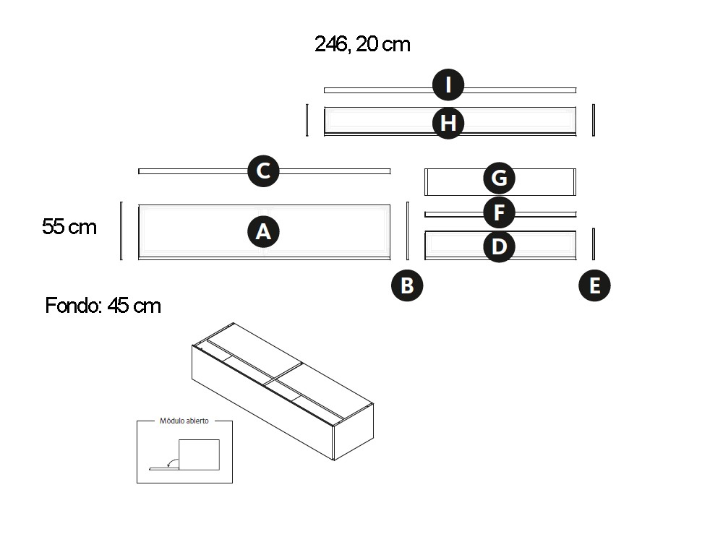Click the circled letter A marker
pos(263,231)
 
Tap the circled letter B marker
pos(407,285)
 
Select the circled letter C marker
pos(263,171)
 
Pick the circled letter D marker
pos(499,246)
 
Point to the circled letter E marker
pos(594,285)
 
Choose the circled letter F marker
pos(499,212)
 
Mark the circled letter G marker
pos(499,178)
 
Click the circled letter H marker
pos(448,123)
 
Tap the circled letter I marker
pos(448,85)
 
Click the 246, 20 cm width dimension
pos(362,45)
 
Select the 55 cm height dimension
pos(69,227)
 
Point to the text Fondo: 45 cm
pos(103,306)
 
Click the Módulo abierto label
pos(184,421)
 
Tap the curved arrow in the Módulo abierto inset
pos(173,463)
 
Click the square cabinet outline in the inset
pos(200,455)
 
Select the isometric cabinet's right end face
pos(354,432)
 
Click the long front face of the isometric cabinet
pos(262,403)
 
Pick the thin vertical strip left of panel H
pos(307,120)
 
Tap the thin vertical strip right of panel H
pos(594,120)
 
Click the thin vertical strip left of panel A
pos(121,231)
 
